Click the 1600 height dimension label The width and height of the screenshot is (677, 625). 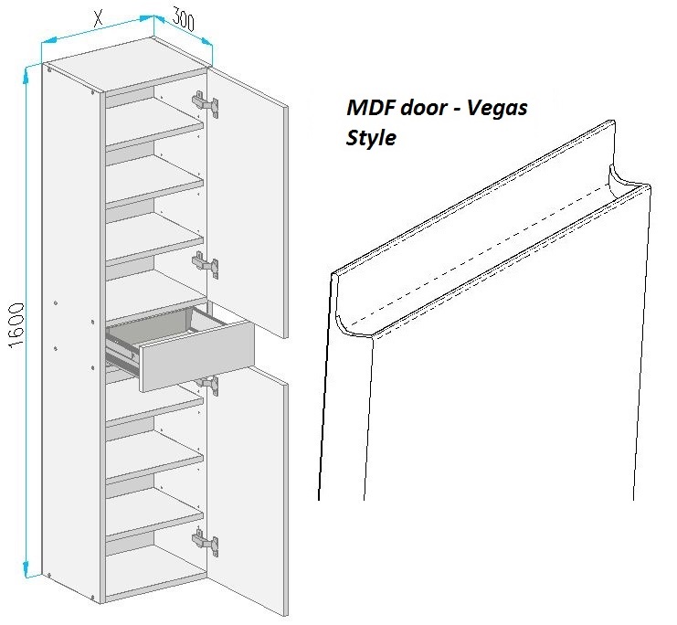16,325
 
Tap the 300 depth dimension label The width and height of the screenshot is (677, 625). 184,19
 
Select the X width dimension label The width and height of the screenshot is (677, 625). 99,18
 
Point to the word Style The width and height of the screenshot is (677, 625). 371,138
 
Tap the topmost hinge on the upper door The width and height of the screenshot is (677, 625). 205,103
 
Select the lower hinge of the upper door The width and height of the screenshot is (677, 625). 205,264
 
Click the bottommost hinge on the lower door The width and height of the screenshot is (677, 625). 205,542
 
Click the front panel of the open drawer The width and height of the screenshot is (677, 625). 196,356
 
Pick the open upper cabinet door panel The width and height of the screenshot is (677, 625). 247,203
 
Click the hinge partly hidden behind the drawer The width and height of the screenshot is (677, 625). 208,384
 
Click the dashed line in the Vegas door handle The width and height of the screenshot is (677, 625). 481,255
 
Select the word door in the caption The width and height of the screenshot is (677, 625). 422,107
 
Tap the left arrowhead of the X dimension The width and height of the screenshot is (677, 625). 48,40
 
